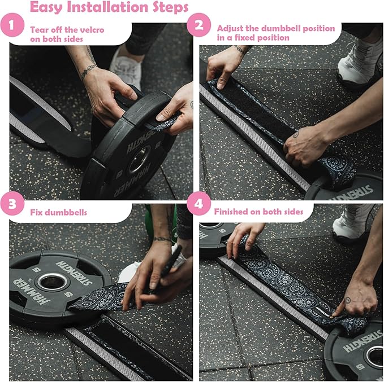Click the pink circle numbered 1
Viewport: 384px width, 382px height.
tap(12, 25)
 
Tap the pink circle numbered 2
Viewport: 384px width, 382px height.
tap(199, 25)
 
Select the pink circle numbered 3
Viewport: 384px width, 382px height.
tap(12, 204)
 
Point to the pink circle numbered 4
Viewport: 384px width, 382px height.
tap(199, 204)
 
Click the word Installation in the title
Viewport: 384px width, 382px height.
tap(108, 7)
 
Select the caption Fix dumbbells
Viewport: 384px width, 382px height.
tap(58, 212)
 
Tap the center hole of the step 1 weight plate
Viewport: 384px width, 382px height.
tap(139, 159)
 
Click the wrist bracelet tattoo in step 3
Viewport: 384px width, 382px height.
tap(163, 239)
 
